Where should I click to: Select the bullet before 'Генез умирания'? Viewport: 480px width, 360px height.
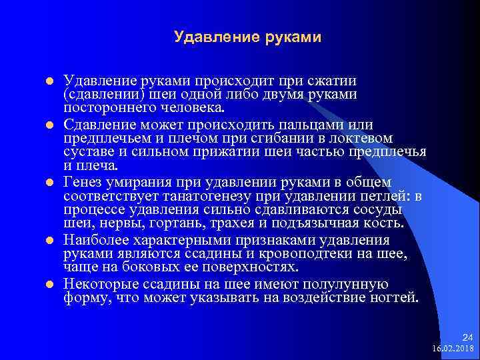(50, 183)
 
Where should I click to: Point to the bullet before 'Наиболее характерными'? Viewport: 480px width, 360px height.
(50, 240)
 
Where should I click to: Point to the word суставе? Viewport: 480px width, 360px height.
(87, 151)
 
